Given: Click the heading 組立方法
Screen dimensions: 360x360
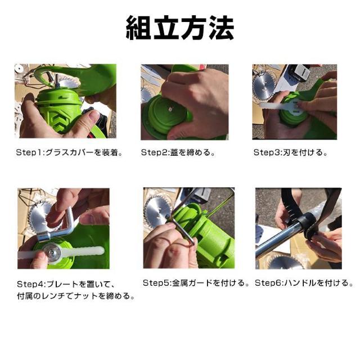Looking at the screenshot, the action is coord(180,28).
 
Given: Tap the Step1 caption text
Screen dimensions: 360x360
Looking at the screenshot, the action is coord(69,152).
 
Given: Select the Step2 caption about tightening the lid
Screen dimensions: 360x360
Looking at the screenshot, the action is coord(178,152).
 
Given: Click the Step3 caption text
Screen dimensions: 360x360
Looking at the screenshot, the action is coord(291,152).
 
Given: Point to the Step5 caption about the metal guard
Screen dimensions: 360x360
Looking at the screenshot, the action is coord(196,283).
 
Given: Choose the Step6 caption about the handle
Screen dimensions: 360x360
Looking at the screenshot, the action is coord(304,283).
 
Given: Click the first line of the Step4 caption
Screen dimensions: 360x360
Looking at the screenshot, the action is coord(66,284).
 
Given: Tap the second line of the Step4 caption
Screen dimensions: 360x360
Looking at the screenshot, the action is coord(76,296).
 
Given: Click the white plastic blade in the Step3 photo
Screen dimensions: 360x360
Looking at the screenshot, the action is coord(279,106).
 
